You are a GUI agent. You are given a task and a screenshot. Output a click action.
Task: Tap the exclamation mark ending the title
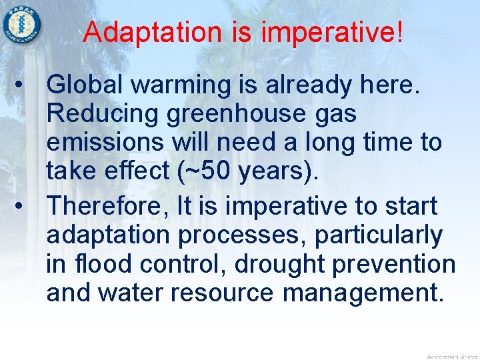coord(399,32)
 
